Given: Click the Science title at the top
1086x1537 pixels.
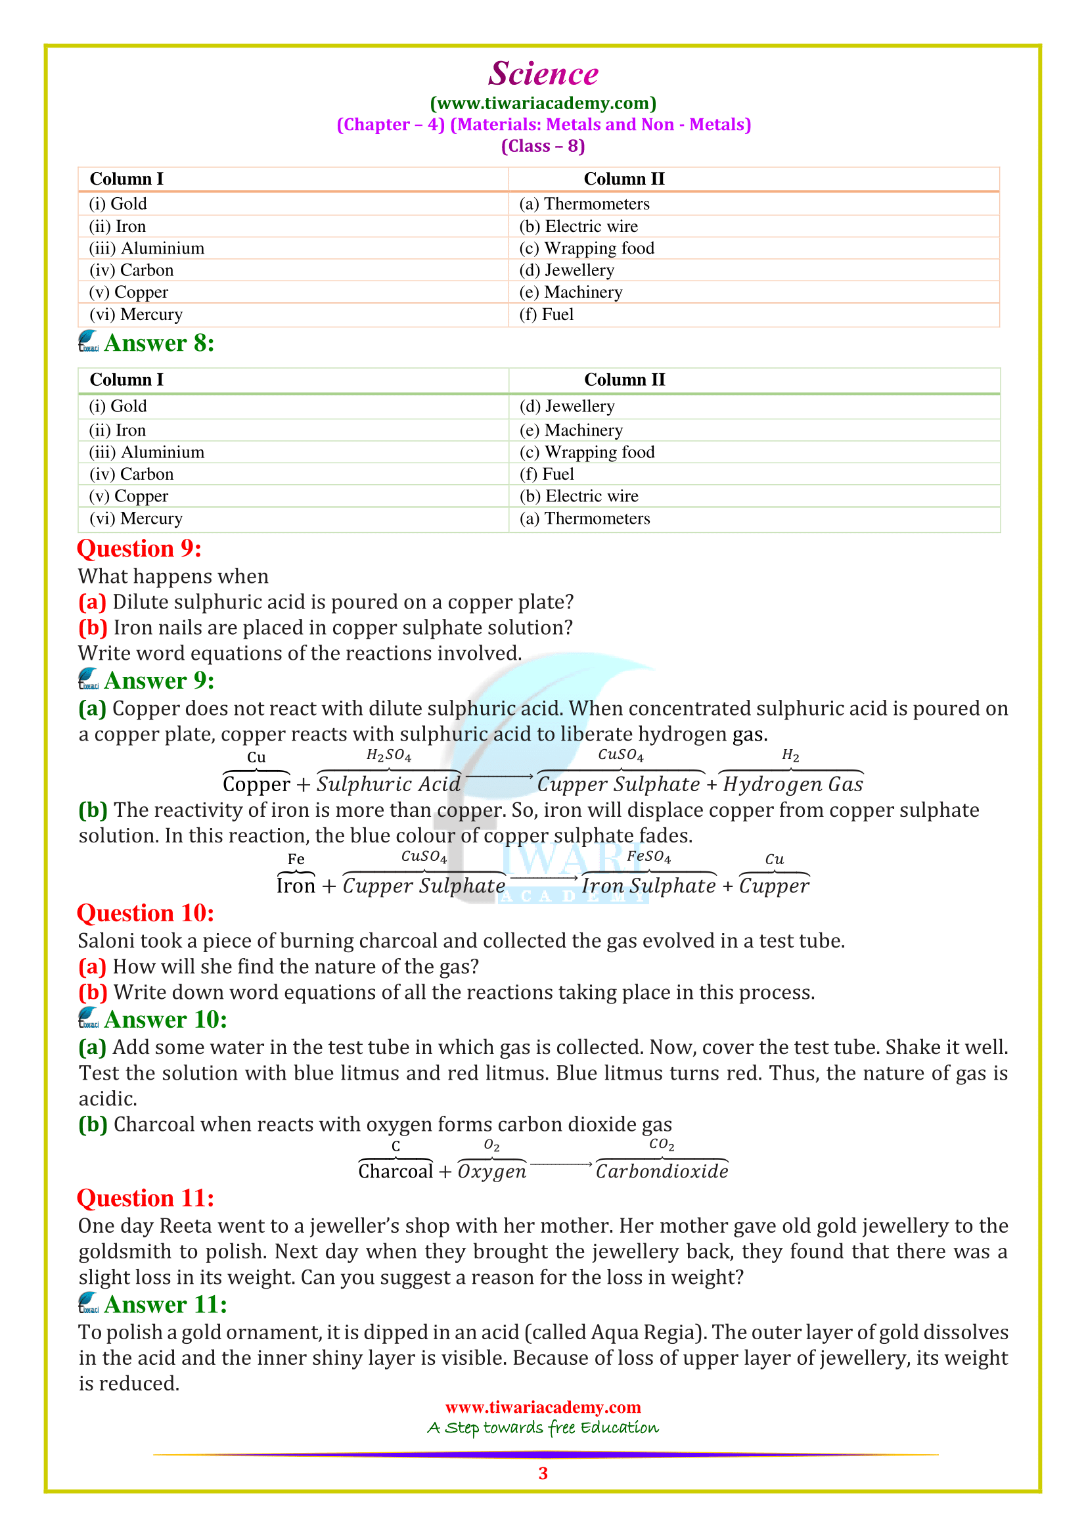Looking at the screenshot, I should pyautogui.click(x=543, y=74).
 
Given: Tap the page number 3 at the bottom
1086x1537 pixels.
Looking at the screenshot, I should pyautogui.click(x=543, y=1473).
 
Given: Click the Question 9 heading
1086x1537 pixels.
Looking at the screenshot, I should pyautogui.click(x=139, y=548).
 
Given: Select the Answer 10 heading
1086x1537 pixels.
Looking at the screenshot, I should pyautogui.click(x=166, y=1019).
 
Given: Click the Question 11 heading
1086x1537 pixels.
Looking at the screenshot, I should pyautogui.click(x=145, y=1198).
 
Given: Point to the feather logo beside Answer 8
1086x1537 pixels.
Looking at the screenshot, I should pyautogui.click(x=88, y=342).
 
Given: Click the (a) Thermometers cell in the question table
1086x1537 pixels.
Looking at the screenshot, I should pyautogui.click(x=584, y=204).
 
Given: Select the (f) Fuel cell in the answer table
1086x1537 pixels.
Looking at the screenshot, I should pyautogui.click(x=547, y=474).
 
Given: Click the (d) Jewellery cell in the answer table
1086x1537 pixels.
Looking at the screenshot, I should pyautogui.click(x=567, y=406).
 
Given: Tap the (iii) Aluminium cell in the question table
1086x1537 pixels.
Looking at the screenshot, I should pyautogui.click(x=147, y=248).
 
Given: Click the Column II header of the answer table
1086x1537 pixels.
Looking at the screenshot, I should pyautogui.click(x=624, y=380).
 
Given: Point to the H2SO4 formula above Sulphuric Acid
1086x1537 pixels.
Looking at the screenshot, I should pyautogui.click(x=389, y=755).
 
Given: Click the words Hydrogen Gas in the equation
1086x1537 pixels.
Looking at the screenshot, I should pyautogui.click(x=793, y=784).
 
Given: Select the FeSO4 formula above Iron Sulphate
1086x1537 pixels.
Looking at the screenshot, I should pyautogui.click(x=648, y=856).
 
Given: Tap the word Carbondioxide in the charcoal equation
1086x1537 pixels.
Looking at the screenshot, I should pyautogui.click(x=662, y=1171).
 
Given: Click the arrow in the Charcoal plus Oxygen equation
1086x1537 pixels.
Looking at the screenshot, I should pyautogui.click(x=560, y=1164).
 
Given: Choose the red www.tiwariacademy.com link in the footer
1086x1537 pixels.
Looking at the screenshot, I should pyautogui.click(x=543, y=1407).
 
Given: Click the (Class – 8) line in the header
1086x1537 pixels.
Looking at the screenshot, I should pyautogui.click(x=543, y=146).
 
